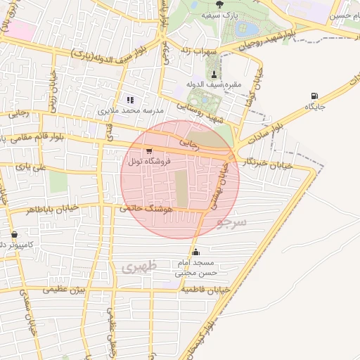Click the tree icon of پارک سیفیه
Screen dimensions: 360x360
pyautogui.click(x=220, y=4)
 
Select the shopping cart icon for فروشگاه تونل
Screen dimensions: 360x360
pyautogui.click(x=148, y=151)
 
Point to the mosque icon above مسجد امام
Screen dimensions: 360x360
pyautogui.click(x=195, y=252)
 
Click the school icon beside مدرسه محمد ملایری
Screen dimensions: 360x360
pyautogui.click(x=130, y=100)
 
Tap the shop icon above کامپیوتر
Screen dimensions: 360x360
pyautogui.click(x=14, y=235)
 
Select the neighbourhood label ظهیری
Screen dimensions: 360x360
pyautogui.click(x=136, y=267)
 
